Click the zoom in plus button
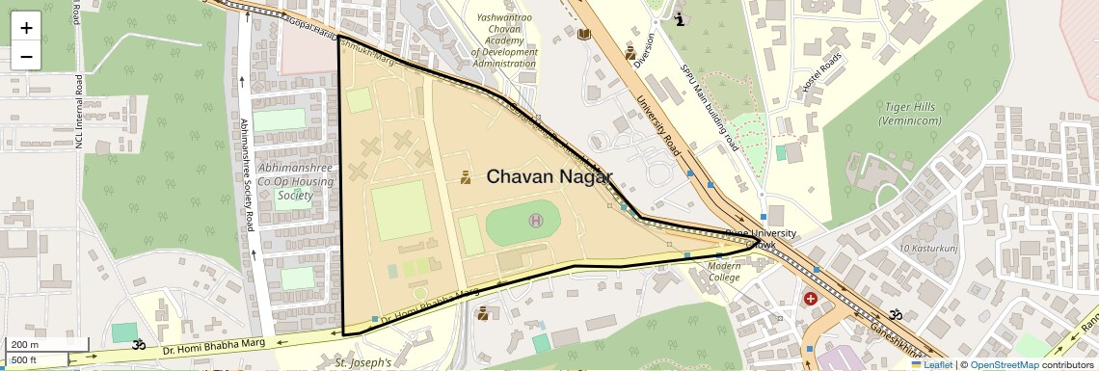26,28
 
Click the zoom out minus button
26,56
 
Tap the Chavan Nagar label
549,176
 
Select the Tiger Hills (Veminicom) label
910,113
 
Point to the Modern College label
724,272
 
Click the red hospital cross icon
811,300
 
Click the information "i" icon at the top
681,18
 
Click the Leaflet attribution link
931,364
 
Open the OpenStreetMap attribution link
1004,364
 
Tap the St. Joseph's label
363,363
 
